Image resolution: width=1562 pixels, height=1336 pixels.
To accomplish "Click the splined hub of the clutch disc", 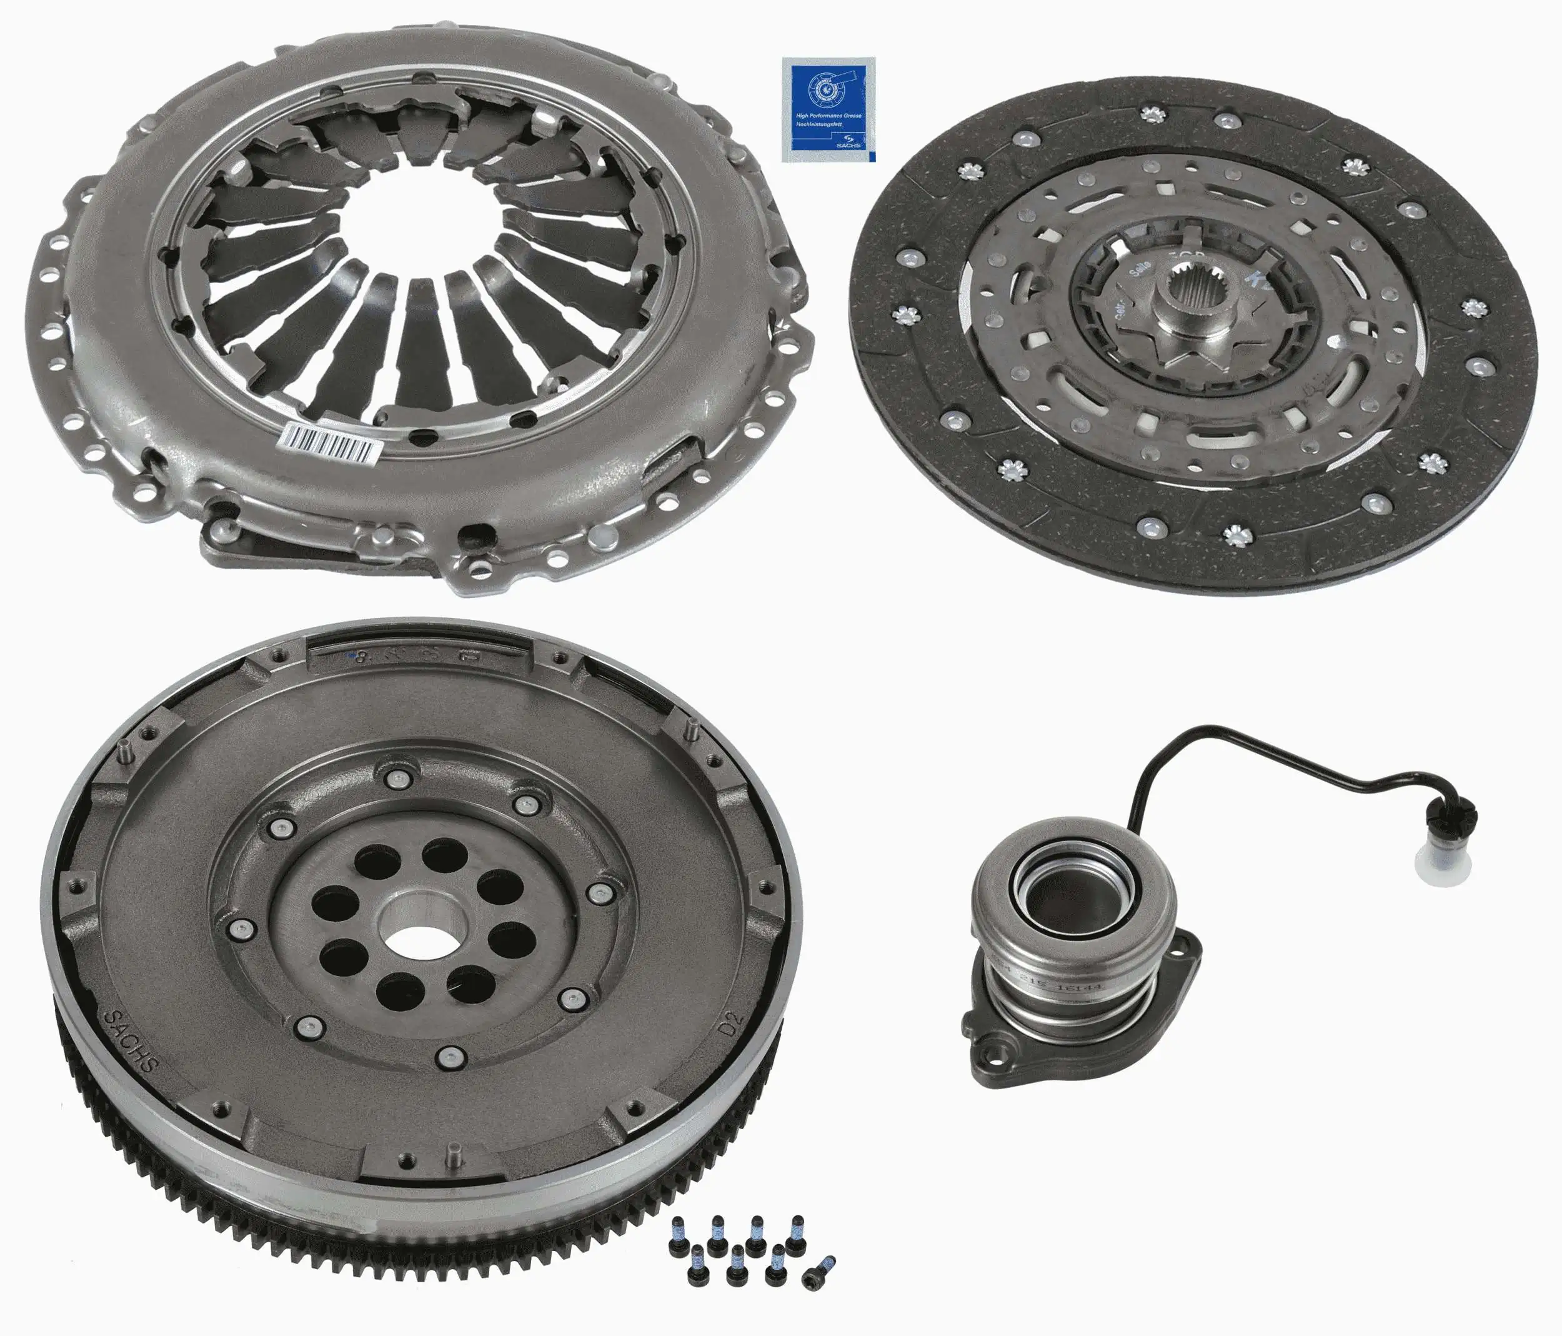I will coord(1195,309).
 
